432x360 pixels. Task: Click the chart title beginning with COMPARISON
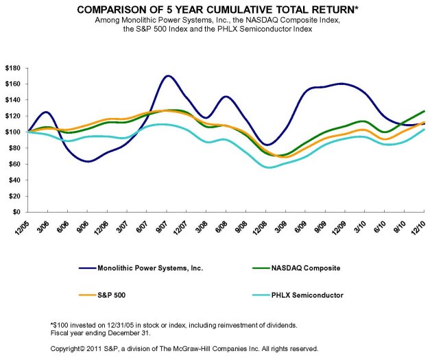[215, 10]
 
